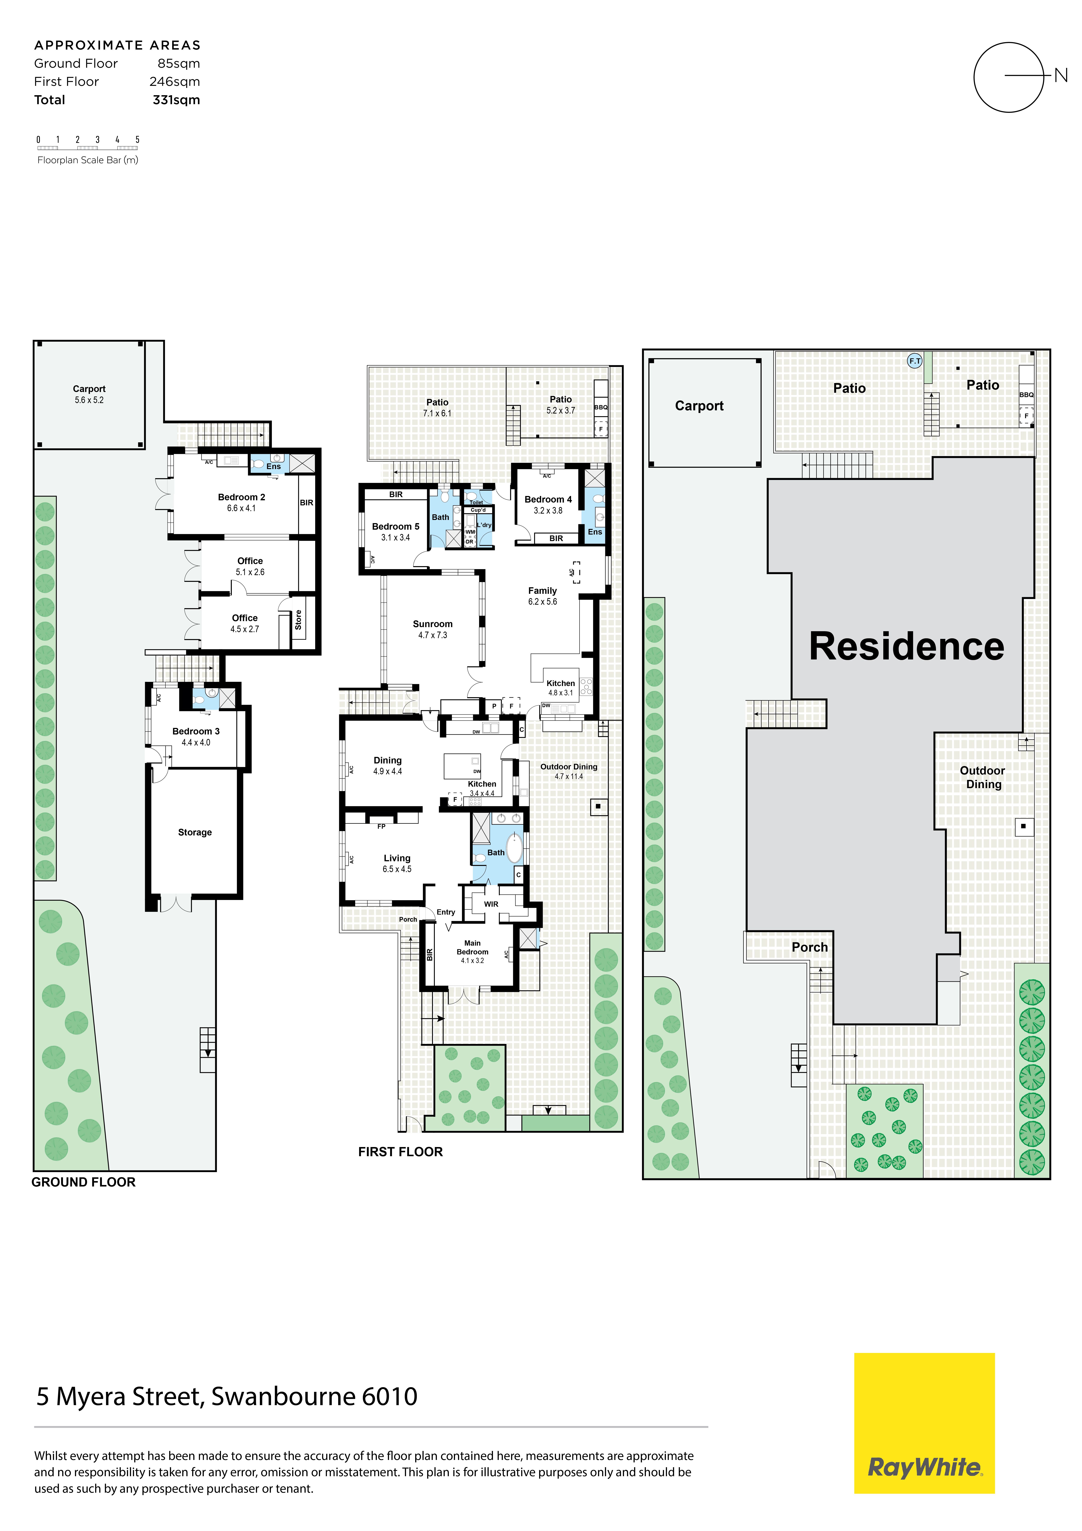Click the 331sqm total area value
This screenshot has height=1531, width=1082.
coord(176,100)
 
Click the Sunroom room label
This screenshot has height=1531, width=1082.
coord(433,624)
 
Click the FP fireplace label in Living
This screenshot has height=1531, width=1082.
coord(381,826)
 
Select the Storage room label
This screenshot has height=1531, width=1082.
coord(195,832)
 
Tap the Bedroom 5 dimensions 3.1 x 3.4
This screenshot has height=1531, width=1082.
coord(395,538)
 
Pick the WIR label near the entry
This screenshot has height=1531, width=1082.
coord(491,904)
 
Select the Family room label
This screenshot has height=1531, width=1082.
coord(543,591)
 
